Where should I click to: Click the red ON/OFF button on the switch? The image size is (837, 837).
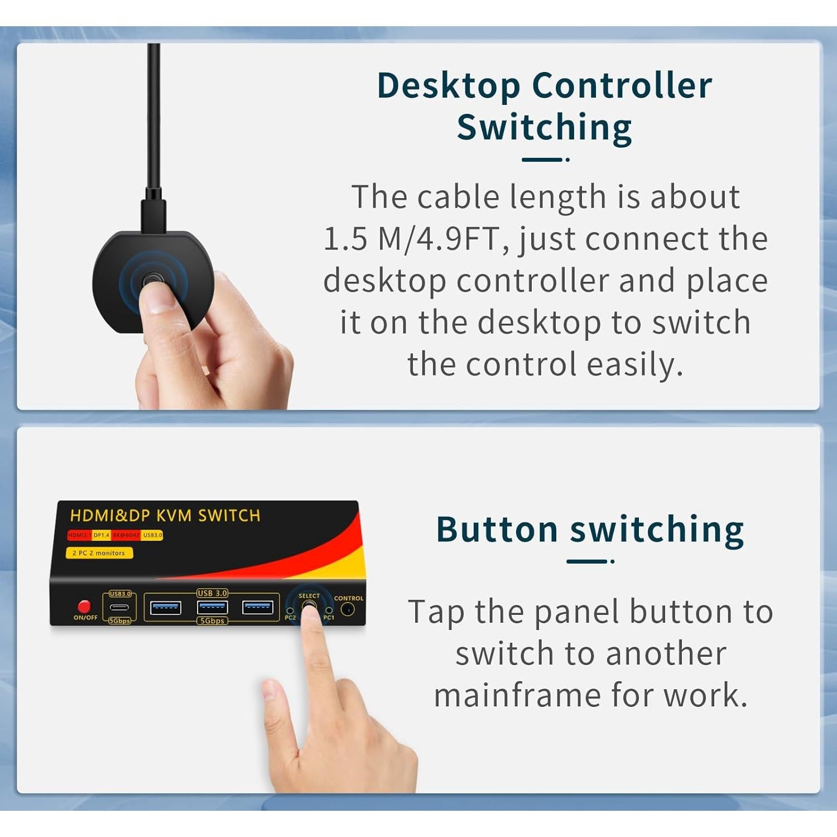tap(84, 606)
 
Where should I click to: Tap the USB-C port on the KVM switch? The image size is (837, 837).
tap(119, 608)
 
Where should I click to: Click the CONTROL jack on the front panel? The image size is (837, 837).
tap(348, 610)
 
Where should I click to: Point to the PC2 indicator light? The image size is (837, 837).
tap(290, 611)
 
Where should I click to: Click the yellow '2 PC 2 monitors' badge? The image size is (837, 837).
tap(99, 553)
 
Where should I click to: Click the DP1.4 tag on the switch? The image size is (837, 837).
tap(102, 535)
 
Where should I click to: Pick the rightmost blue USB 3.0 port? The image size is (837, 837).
tap(257, 607)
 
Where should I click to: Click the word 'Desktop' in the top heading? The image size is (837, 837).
tap(448, 86)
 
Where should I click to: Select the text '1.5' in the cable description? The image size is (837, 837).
tap(345, 239)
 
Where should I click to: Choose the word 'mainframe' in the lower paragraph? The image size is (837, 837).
tap(516, 696)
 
